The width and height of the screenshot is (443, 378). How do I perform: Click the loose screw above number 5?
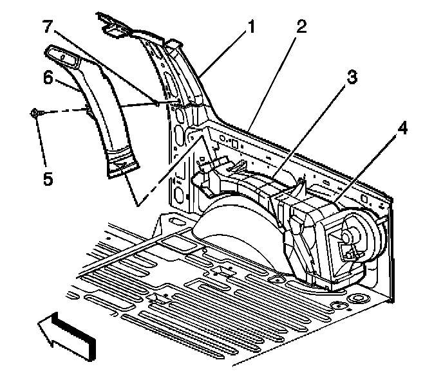tap(35, 114)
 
